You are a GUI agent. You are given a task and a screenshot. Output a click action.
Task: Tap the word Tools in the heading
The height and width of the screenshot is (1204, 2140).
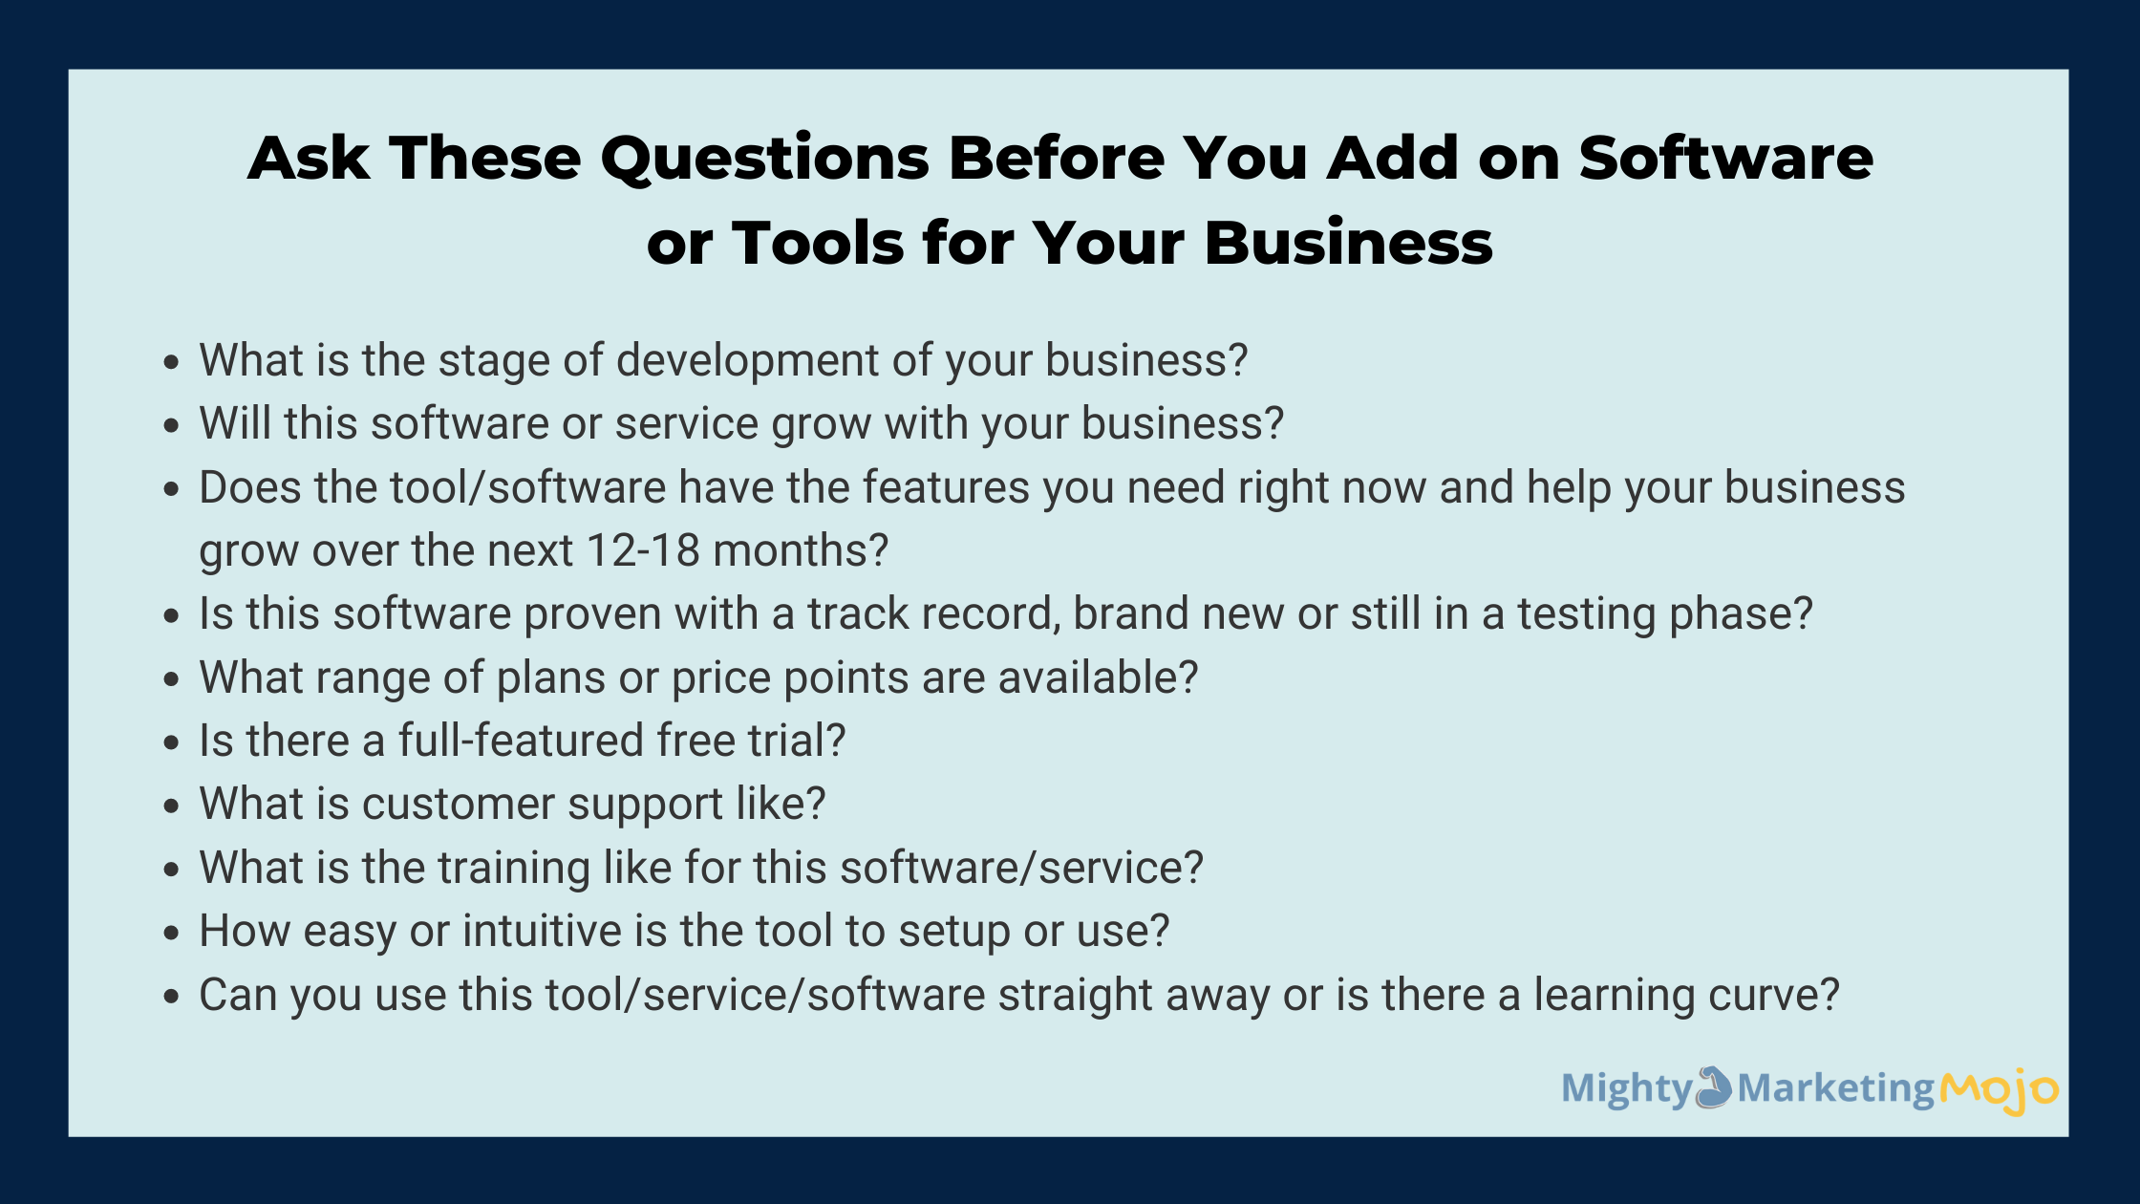point(817,242)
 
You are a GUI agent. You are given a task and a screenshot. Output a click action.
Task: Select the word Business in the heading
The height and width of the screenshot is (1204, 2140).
point(1348,242)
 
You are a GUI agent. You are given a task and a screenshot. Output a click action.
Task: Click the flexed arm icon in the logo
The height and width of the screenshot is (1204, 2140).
point(1714,1087)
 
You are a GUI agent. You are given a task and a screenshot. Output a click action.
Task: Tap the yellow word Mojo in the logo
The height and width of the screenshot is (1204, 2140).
point(1999,1090)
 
